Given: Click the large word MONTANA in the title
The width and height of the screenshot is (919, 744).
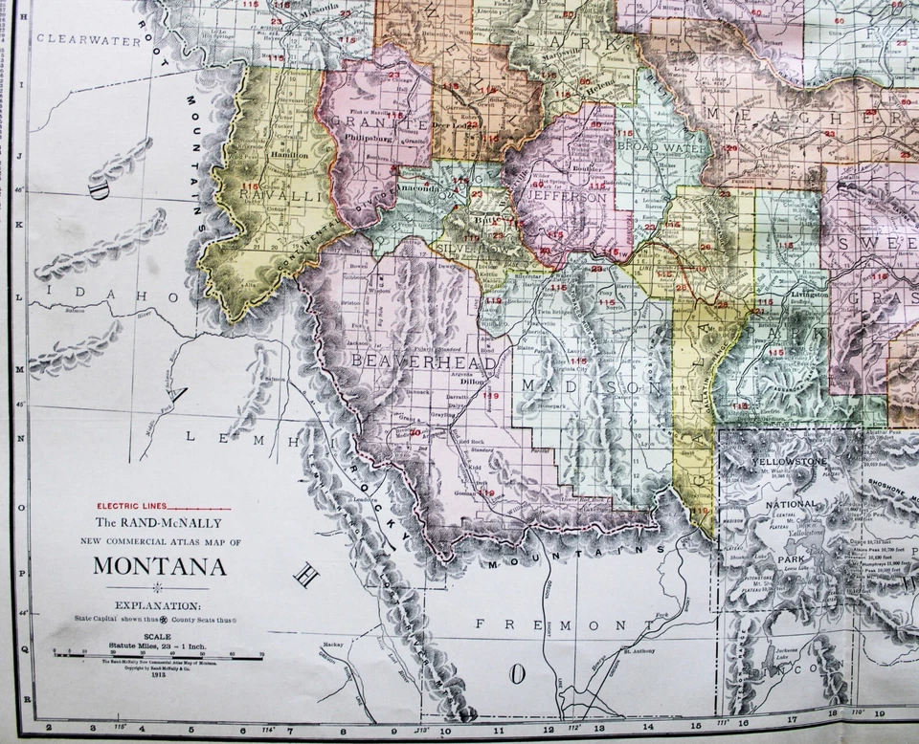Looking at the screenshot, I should tap(160, 565).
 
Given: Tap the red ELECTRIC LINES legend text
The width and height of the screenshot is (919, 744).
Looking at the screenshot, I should tap(131, 505).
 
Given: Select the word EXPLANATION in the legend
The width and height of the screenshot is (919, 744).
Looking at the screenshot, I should tap(158, 605).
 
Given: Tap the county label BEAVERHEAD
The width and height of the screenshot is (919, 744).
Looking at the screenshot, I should tap(424, 362).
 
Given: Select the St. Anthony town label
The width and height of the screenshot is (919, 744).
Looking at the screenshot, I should tap(639, 653).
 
